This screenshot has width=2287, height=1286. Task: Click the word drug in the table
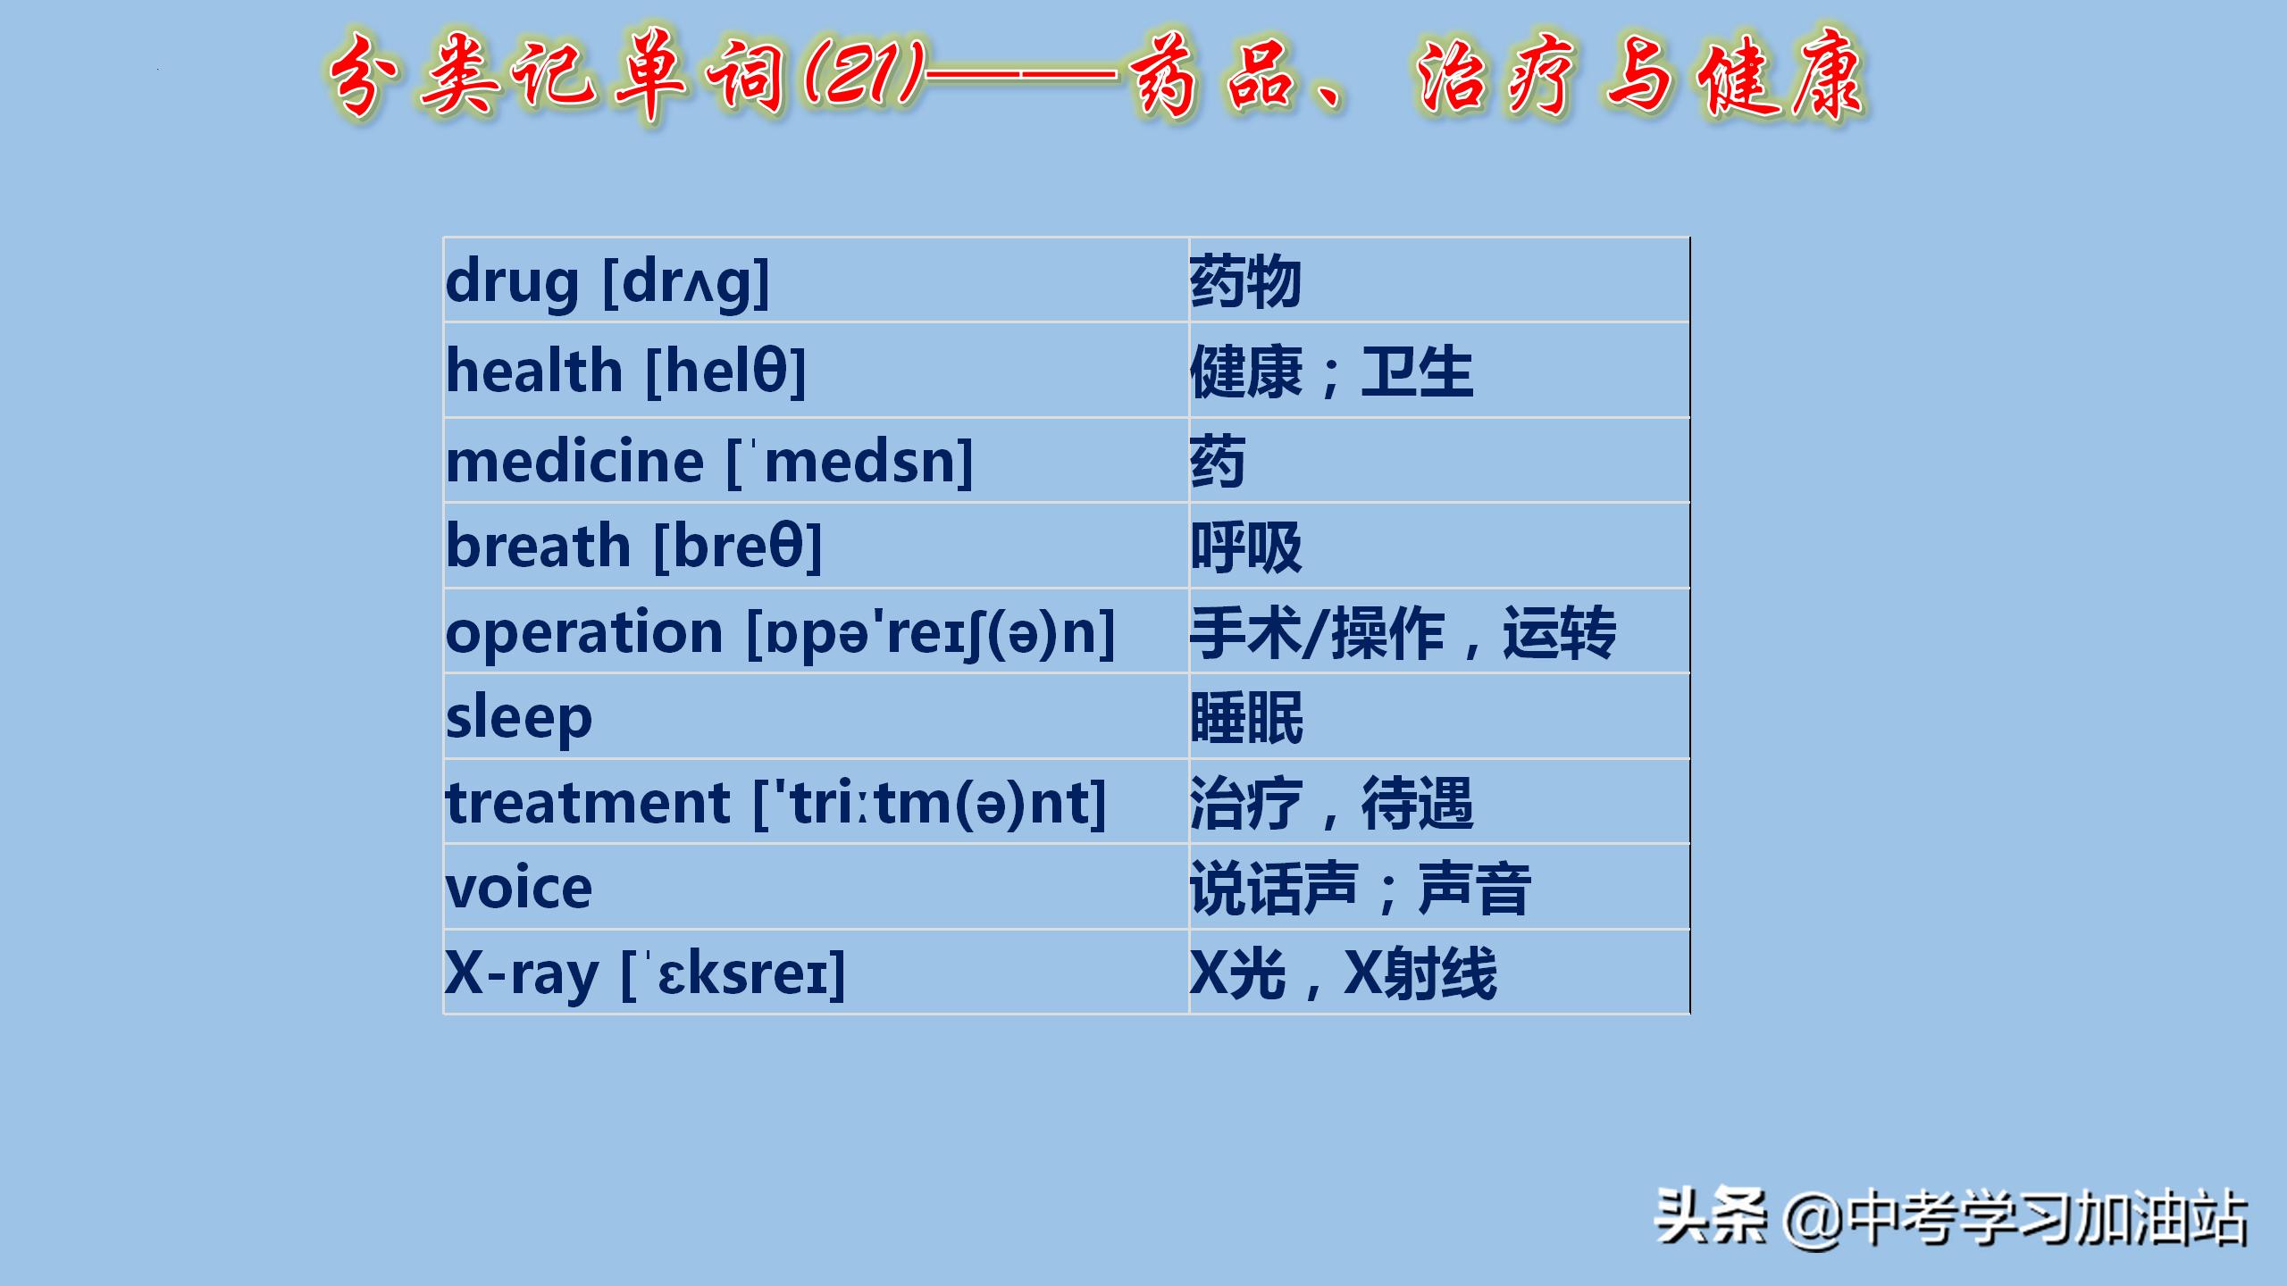pyautogui.click(x=512, y=282)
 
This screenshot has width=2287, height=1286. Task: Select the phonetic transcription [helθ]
pyautogui.click(x=725, y=372)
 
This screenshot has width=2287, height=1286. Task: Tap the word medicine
pyautogui.click(x=574, y=462)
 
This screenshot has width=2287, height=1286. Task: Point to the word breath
pyautogui.click(x=538, y=546)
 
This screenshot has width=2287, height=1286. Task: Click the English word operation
pyautogui.click(x=583, y=632)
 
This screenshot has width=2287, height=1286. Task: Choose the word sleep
pyautogui.click(x=518, y=718)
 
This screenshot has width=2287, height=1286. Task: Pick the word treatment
pyautogui.click(x=588, y=803)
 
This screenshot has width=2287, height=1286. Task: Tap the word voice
pyautogui.click(x=518, y=889)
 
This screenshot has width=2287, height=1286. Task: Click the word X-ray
pyautogui.click(x=521, y=973)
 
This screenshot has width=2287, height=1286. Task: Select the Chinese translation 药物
pyautogui.click(x=1245, y=282)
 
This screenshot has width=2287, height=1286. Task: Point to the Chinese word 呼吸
pyautogui.click(x=1245, y=547)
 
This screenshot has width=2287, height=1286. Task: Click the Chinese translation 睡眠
pyautogui.click(x=1246, y=718)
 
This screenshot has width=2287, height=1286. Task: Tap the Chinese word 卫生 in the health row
pyautogui.click(x=1417, y=372)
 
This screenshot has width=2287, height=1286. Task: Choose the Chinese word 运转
pyautogui.click(x=1559, y=632)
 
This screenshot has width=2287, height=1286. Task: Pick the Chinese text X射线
pyautogui.click(x=1420, y=973)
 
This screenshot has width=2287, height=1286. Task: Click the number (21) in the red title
pyautogui.click(x=863, y=75)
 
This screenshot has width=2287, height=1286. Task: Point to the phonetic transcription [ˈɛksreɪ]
pyautogui.click(x=733, y=973)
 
